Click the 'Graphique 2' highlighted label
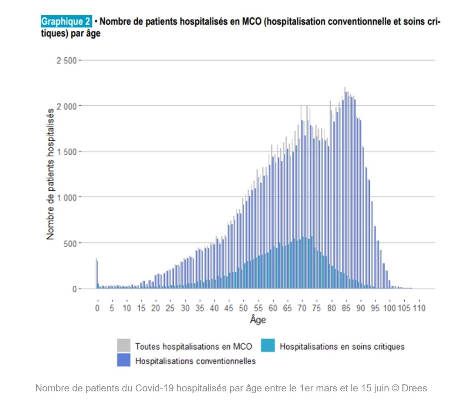pos(66,21)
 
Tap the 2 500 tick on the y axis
pos(67,61)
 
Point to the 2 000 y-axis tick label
pos(67,106)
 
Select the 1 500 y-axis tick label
pos(67,152)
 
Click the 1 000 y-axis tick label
pos(67,198)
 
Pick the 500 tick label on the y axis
pos(70,244)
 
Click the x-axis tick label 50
pos(243,308)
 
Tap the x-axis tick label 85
pos(346,308)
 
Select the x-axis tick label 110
pos(419,308)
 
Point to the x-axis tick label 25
pos(170,308)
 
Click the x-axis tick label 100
pos(390,308)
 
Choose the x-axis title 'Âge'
pos(258,320)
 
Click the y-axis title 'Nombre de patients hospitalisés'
pos(50,174)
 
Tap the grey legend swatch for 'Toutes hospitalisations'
pos(124,346)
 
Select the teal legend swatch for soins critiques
pos(268,346)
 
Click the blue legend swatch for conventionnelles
pos(124,360)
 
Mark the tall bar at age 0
pos(97,273)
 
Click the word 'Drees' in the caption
pos(414,388)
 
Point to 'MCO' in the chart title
pos(252,21)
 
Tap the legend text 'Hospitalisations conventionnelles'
pos(195,361)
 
